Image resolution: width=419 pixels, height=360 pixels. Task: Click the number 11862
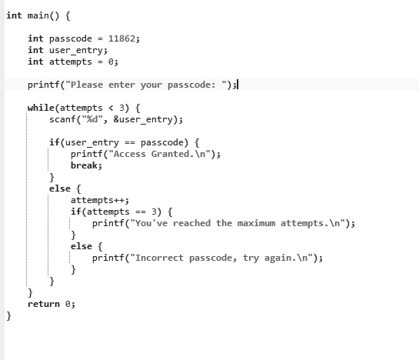(121, 38)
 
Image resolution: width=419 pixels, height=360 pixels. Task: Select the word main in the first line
(38, 15)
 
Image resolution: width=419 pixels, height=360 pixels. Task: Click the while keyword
(41, 108)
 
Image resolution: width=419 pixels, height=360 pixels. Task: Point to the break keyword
(84, 165)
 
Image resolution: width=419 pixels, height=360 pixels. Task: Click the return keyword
(44, 304)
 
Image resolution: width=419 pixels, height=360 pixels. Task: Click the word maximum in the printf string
(256, 223)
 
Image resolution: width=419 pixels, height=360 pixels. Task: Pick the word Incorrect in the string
(159, 258)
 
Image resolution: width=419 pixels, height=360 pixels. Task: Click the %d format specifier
(92, 119)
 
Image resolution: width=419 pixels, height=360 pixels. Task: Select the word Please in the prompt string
(87, 85)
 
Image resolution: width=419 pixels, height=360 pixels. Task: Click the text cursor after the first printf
(238, 85)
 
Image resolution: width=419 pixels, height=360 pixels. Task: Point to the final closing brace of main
(8, 316)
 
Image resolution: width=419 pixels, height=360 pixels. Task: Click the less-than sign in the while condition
(111, 108)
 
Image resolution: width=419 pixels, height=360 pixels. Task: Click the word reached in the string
(191, 223)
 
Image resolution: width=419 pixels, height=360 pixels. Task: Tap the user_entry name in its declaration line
(76, 51)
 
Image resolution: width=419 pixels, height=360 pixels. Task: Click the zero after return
(68, 304)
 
